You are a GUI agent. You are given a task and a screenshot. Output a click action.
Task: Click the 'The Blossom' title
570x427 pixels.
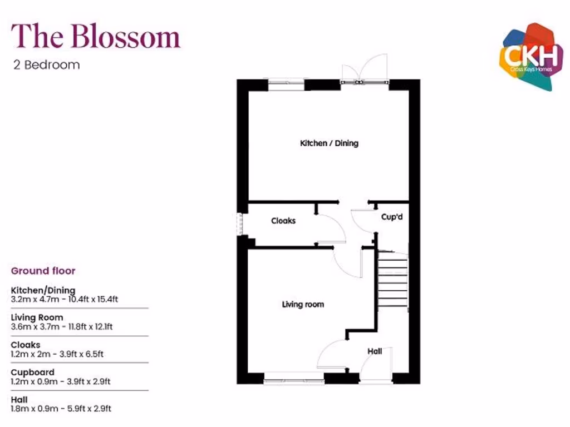tap(96, 37)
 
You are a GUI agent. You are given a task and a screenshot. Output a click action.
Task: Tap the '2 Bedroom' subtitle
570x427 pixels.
tap(47, 64)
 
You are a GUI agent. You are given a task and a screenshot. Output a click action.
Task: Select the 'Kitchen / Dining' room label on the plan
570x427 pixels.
tap(329, 143)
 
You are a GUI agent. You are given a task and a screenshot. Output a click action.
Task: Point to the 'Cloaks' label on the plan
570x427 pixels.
tap(283, 221)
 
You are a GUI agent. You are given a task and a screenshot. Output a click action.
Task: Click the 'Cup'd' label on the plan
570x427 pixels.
tap(392, 217)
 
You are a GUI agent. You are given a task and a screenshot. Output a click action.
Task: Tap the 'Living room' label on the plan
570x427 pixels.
tap(303, 304)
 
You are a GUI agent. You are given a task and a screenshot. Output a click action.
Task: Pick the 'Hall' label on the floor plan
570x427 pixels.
tap(375, 351)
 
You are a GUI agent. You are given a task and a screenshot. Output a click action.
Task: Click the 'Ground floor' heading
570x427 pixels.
tap(43, 271)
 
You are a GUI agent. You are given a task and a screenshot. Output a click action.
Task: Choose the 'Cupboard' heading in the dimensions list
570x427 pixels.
tap(33, 372)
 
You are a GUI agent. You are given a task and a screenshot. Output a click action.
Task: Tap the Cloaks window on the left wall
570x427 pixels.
tap(240, 223)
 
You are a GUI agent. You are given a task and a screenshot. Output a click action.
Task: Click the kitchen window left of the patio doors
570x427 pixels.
tap(286, 85)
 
